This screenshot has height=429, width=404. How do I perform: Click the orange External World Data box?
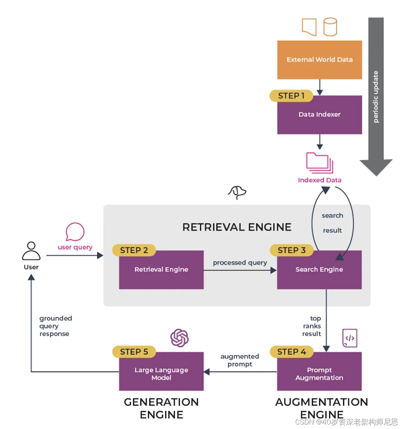pyautogui.click(x=319, y=60)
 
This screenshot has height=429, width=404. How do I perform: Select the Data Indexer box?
pyautogui.click(x=319, y=115)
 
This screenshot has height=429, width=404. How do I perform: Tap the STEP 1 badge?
pyautogui.click(x=291, y=96)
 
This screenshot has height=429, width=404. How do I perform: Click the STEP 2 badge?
pyautogui.click(x=134, y=250)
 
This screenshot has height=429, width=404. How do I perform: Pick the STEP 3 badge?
pyautogui.click(x=291, y=250)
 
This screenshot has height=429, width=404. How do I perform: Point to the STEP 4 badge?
pyautogui.click(x=291, y=352)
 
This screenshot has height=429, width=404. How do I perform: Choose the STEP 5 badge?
pyautogui.click(x=134, y=352)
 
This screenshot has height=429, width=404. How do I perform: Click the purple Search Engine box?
pyautogui.click(x=319, y=270)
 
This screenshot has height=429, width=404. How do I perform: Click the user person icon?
pyautogui.click(x=31, y=251)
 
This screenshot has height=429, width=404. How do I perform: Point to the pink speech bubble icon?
pyautogui.click(x=75, y=232)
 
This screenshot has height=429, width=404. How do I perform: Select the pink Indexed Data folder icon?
pyautogui.click(x=319, y=162)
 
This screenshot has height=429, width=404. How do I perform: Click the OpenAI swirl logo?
pyautogui.click(x=180, y=338)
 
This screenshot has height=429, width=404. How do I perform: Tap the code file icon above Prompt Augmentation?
pyautogui.click(x=350, y=338)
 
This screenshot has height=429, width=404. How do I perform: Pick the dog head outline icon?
pyautogui.click(x=237, y=192)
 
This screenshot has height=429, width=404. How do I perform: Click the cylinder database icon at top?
pyautogui.click(x=330, y=27)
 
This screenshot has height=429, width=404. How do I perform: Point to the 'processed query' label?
pyautogui.click(x=240, y=263)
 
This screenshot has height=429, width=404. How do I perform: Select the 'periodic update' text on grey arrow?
pyautogui.click(x=376, y=97)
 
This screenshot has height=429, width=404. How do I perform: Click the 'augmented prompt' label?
pyautogui.click(x=240, y=360)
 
